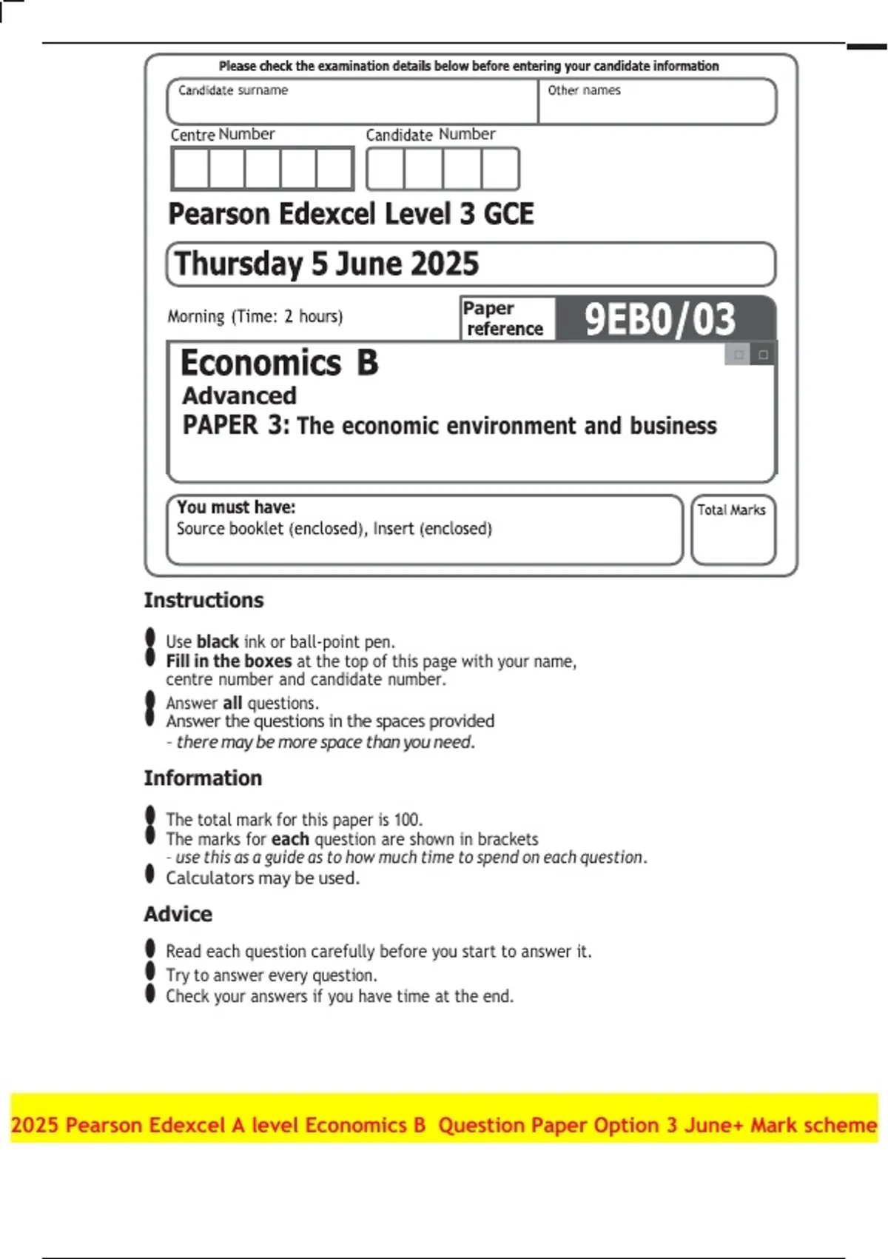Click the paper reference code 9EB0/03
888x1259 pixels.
[x=659, y=319]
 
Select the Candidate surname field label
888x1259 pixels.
[x=233, y=90]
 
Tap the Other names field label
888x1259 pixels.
[x=584, y=90]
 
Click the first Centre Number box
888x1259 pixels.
[x=191, y=169]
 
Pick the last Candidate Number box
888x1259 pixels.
[x=500, y=169]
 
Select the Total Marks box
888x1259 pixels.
[x=733, y=530]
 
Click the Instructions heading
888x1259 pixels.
[x=203, y=600]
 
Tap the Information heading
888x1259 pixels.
[x=203, y=778]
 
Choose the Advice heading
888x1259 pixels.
[x=178, y=914]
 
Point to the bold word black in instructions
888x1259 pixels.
[x=218, y=641]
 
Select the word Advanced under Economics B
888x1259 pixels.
[x=239, y=395]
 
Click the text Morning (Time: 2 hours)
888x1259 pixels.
[x=255, y=316]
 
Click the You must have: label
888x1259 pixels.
[x=236, y=507]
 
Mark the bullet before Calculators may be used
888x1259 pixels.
[x=150, y=875]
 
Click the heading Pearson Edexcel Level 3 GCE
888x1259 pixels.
[x=351, y=214]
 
